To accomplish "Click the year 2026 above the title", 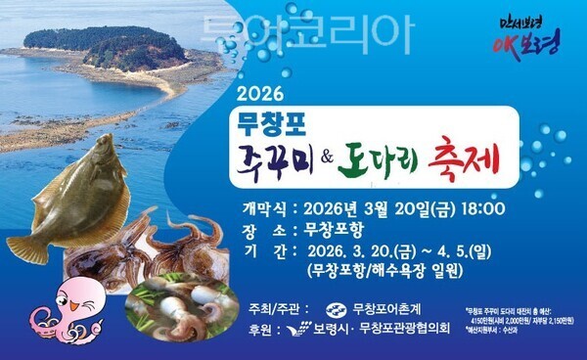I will [x=259, y=95].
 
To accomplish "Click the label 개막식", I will [x=264, y=208].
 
